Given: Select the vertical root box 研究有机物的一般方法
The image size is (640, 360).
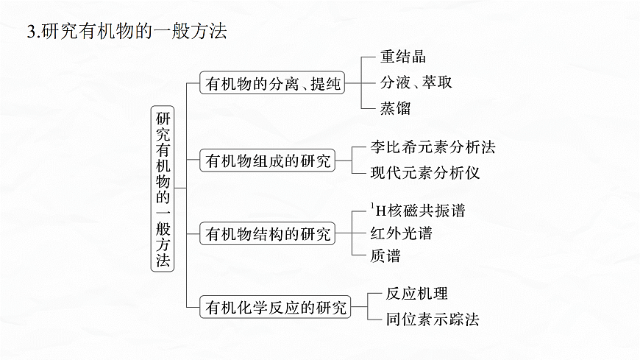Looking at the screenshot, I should coord(163,191).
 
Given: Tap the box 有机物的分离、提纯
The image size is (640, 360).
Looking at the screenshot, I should coord(273,83).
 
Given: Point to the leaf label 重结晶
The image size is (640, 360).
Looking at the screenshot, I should coord(403,57).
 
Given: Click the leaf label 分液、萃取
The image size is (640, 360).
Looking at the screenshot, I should coord(416,82).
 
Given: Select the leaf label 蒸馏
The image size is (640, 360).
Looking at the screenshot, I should coord(395,107).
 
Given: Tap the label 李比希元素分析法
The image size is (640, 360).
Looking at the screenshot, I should coord(433,147).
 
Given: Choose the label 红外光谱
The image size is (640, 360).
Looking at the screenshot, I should coord(401,234).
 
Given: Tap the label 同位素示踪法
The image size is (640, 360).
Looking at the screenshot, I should coord(433,320).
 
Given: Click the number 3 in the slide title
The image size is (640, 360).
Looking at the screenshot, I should coord(30,32).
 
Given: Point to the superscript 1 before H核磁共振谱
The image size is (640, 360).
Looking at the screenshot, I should coord(373,206).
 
